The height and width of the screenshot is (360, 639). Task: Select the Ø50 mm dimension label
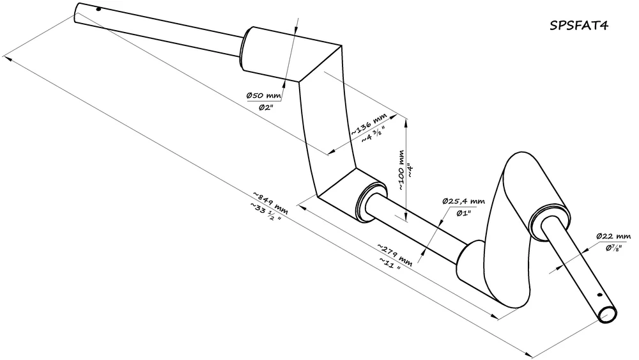click(x=264, y=96)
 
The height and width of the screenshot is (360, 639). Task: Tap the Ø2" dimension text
click(x=266, y=107)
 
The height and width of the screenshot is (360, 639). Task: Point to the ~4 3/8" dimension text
click(x=373, y=136)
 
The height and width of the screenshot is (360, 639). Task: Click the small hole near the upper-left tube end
click(x=98, y=9)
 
